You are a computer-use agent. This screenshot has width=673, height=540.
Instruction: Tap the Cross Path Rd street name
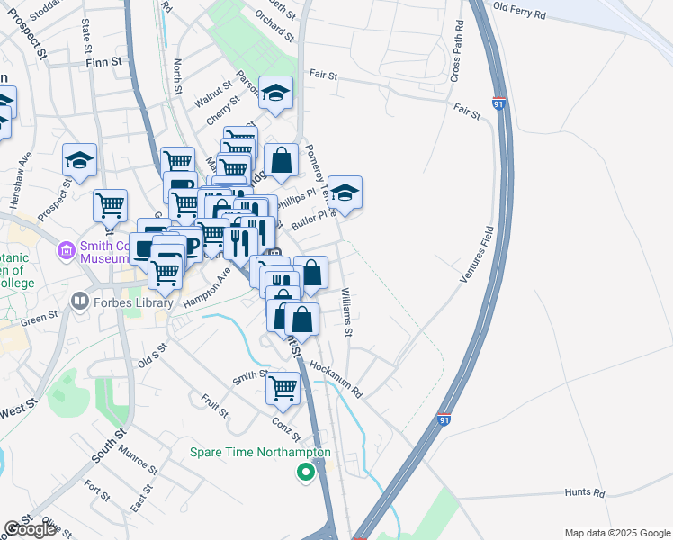(456, 50)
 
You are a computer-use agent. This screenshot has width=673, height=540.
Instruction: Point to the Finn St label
(103, 62)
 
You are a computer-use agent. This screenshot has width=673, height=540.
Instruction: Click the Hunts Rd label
(585, 491)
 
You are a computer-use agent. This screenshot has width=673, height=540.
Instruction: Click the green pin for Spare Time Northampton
(305, 470)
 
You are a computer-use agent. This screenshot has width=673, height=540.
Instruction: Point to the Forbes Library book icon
(81, 301)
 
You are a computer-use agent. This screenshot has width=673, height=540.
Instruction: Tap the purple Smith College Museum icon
(65, 248)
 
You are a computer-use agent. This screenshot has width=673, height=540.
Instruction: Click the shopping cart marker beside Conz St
(283, 387)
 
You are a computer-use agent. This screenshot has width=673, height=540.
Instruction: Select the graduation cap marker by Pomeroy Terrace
(345, 193)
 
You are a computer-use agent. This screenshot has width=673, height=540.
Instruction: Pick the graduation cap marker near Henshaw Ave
(80, 159)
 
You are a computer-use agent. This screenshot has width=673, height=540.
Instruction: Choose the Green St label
(39, 318)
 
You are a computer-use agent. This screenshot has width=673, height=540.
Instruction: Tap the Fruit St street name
(215, 406)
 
